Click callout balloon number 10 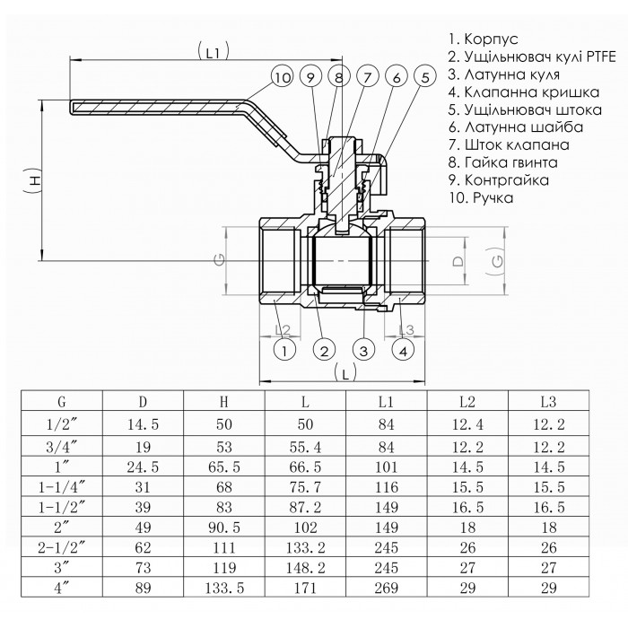coord(283,78)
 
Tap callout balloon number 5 coord(423,78)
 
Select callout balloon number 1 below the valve coord(283,349)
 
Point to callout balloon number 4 coord(404,349)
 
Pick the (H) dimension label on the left coord(33,180)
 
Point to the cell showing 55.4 coord(306,445)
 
